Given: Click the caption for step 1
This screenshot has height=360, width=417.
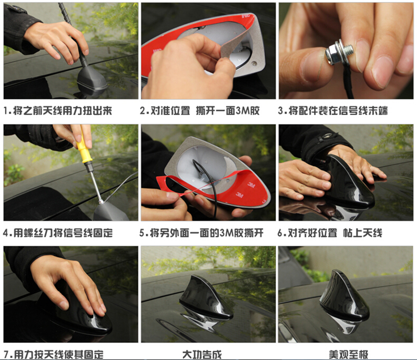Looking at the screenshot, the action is [x=58, y=111].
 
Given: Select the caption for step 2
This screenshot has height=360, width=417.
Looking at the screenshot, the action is [x=200, y=111].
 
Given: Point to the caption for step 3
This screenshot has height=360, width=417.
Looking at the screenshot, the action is [x=333, y=111].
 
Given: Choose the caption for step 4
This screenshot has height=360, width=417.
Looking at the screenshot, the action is [x=58, y=233].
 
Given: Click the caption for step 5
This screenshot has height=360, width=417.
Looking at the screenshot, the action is [x=201, y=233].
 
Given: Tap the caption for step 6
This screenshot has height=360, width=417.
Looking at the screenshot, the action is [x=330, y=233].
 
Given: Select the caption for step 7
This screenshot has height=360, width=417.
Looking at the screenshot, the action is [x=54, y=354].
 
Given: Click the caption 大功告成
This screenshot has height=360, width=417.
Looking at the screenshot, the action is [x=202, y=354].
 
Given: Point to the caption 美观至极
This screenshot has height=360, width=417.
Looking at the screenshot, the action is [x=348, y=354].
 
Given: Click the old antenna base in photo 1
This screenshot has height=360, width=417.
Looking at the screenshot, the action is [x=92, y=80].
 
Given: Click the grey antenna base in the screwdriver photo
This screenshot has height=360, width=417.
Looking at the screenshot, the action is [x=109, y=212].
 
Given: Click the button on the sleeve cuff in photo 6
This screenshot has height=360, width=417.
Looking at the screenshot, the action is [x=324, y=137].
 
